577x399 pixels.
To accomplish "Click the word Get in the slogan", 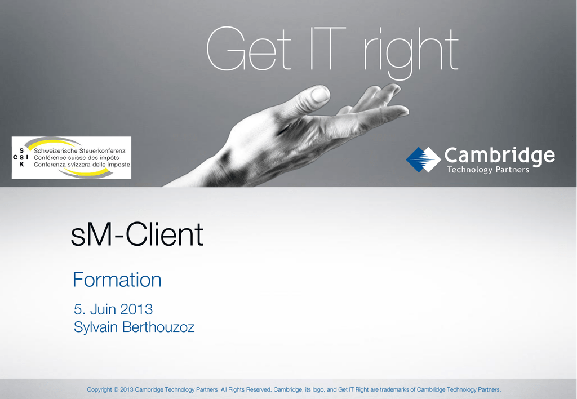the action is [248, 49].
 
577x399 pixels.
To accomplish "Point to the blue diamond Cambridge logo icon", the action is [423, 159].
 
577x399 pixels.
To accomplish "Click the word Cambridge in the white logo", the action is [500, 156].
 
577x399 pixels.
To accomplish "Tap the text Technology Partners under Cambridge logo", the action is [488, 169].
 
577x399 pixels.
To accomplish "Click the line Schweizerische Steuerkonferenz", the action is [79, 150].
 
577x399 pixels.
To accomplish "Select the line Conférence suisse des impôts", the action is [77, 158].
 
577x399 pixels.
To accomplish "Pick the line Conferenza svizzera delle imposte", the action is [82, 165].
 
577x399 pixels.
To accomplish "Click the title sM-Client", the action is [137, 234].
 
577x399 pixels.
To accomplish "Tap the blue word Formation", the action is [117, 280].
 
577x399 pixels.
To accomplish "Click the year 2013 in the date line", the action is [136, 309].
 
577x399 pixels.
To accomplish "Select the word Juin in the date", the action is [103, 309].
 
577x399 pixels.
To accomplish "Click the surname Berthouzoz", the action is [158, 327].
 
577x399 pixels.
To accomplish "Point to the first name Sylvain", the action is [96, 327].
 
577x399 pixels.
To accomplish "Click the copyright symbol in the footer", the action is [116, 389].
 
